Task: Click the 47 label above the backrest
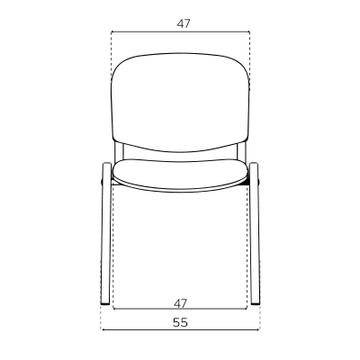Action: pyautogui.click(x=184, y=23)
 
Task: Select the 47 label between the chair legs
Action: pyautogui.click(x=180, y=303)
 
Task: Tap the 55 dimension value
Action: pyautogui.click(x=180, y=322)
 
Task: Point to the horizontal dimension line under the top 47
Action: pyautogui.click(x=181, y=31)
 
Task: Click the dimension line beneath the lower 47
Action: pyautogui.click(x=180, y=309)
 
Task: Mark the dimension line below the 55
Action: pyautogui.click(x=181, y=330)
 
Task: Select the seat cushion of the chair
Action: pyautogui.click(x=180, y=175)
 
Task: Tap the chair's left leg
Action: pyautogui.click(x=106, y=233)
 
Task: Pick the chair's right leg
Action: pyautogui.click(x=255, y=233)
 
